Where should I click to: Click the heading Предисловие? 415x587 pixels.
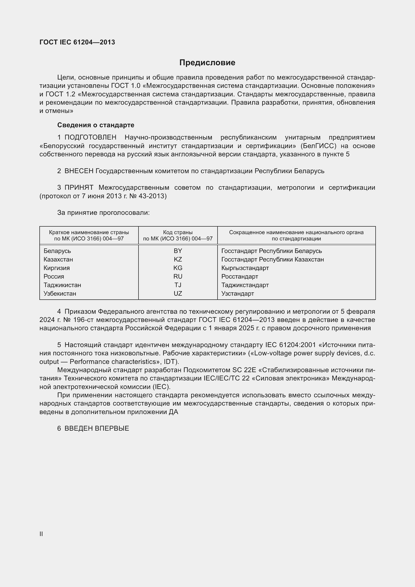(207, 63)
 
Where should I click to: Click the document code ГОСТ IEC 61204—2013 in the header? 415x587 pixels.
(77, 42)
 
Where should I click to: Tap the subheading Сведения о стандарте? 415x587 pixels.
(96, 125)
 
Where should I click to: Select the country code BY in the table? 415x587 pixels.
(178, 251)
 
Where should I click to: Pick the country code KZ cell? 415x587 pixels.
(178, 259)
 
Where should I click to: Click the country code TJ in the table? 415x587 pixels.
(178, 285)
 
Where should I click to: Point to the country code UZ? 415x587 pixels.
(178, 294)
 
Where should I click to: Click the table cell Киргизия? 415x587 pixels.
(56, 268)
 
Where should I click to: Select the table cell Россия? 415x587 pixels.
(54, 276)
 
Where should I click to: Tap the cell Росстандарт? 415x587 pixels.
(240, 276)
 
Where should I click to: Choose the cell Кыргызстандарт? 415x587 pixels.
(245, 268)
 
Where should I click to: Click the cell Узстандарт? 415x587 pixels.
(238, 294)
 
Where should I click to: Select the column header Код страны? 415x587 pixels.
(178, 232)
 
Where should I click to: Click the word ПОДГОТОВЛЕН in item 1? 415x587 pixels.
(91, 138)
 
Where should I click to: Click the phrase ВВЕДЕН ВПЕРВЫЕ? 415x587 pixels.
(97, 428)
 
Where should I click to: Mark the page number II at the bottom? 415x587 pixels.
(41, 534)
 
